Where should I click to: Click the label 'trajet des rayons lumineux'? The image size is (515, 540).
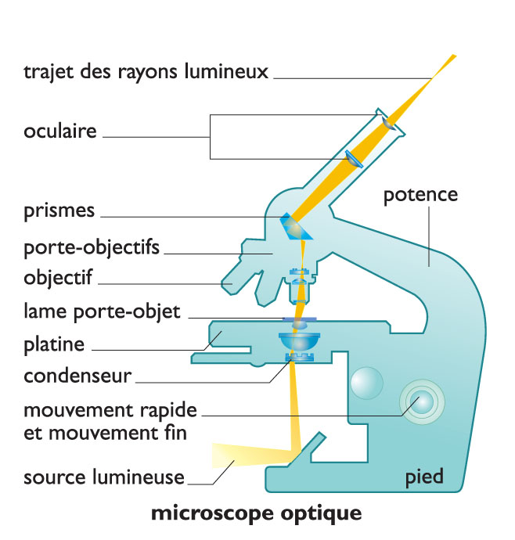(146, 73)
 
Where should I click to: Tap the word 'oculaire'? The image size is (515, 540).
(60, 131)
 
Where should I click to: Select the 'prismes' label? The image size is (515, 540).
(59, 211)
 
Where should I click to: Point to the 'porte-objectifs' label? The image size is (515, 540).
(92, 248)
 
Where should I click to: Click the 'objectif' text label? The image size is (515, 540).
(58, 277)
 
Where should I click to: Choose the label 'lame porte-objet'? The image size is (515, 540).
(102, 311)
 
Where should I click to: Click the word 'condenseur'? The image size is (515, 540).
(77, 376)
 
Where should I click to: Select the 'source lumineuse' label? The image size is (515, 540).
(104, 477)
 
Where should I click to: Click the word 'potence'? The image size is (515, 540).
(420, 194)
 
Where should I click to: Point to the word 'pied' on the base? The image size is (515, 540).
(424, 477)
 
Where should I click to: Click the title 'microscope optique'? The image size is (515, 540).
(256, 514)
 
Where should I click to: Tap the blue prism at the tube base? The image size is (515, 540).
(296, 226)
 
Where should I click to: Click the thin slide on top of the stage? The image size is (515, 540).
(298, 319)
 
